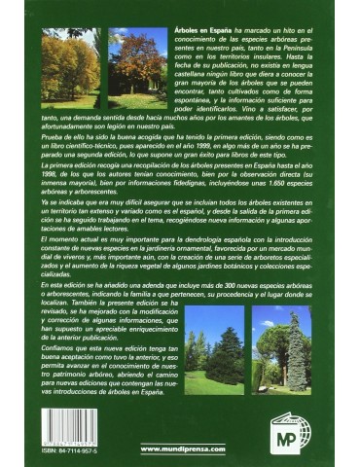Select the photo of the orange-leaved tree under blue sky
(x=136, y=68)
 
